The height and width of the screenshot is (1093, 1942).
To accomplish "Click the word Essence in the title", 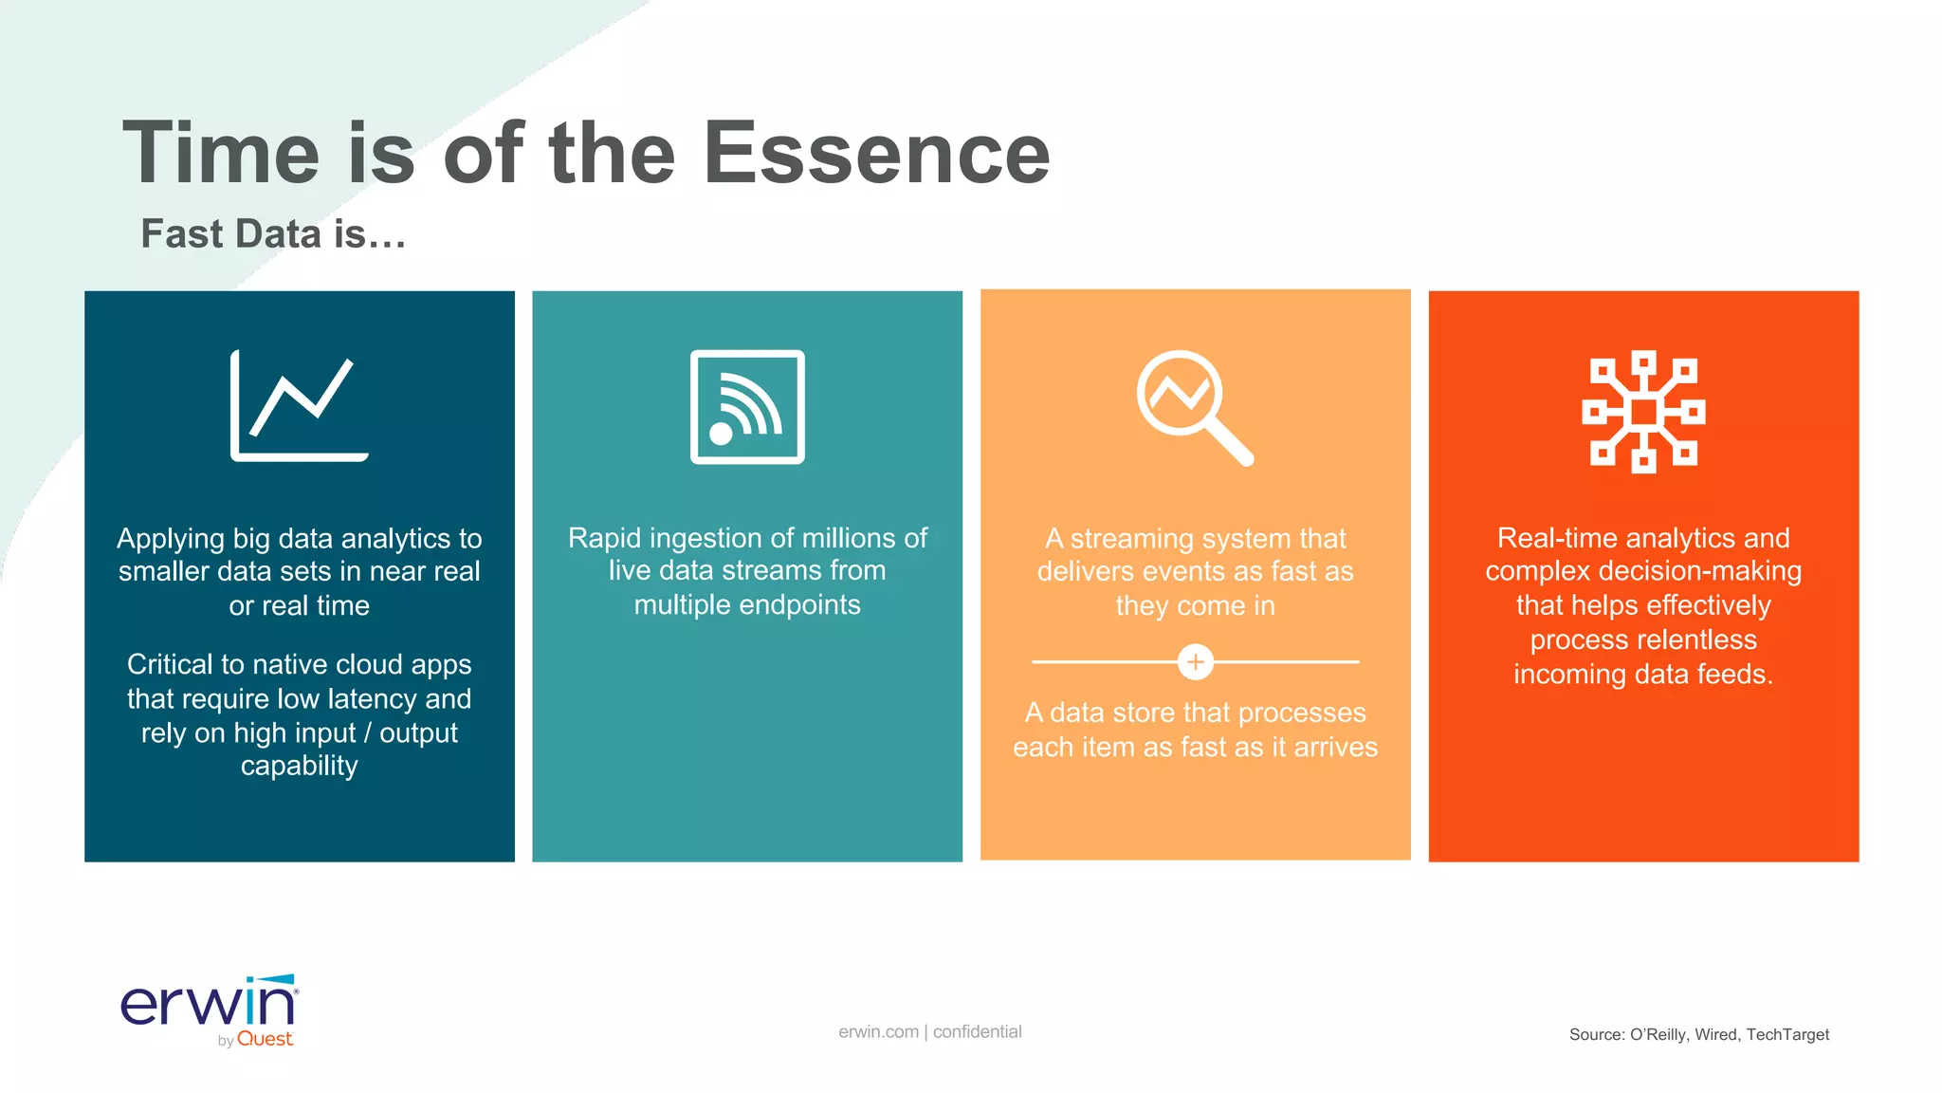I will [x=876, y=154].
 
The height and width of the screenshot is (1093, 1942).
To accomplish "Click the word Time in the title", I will [x=222, y=154].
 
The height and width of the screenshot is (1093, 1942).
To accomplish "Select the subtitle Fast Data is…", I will [x=273, y=233].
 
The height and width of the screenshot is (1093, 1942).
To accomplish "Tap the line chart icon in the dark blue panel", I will [x=299, y=406].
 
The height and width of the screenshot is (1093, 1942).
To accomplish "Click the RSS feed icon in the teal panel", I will [x=747, y=407].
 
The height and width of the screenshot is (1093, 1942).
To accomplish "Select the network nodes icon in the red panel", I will [x=1643, y=412].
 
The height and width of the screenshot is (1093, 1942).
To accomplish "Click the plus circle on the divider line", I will [x=1195, y=661].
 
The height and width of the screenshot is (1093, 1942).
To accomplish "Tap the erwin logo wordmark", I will [x=209, y=1004].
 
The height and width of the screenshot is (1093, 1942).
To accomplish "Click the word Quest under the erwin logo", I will [x=265, y=1039].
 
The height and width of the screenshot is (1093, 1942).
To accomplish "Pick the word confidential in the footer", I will [x=977, y=1031].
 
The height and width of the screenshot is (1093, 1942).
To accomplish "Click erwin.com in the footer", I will [x=878, y=1031].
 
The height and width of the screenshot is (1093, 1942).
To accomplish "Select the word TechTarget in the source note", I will [x=1787, y=1034].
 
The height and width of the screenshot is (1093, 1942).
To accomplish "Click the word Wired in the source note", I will [x=1715, y=1034].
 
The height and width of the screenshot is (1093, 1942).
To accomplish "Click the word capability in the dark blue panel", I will [x=299, y=766].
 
